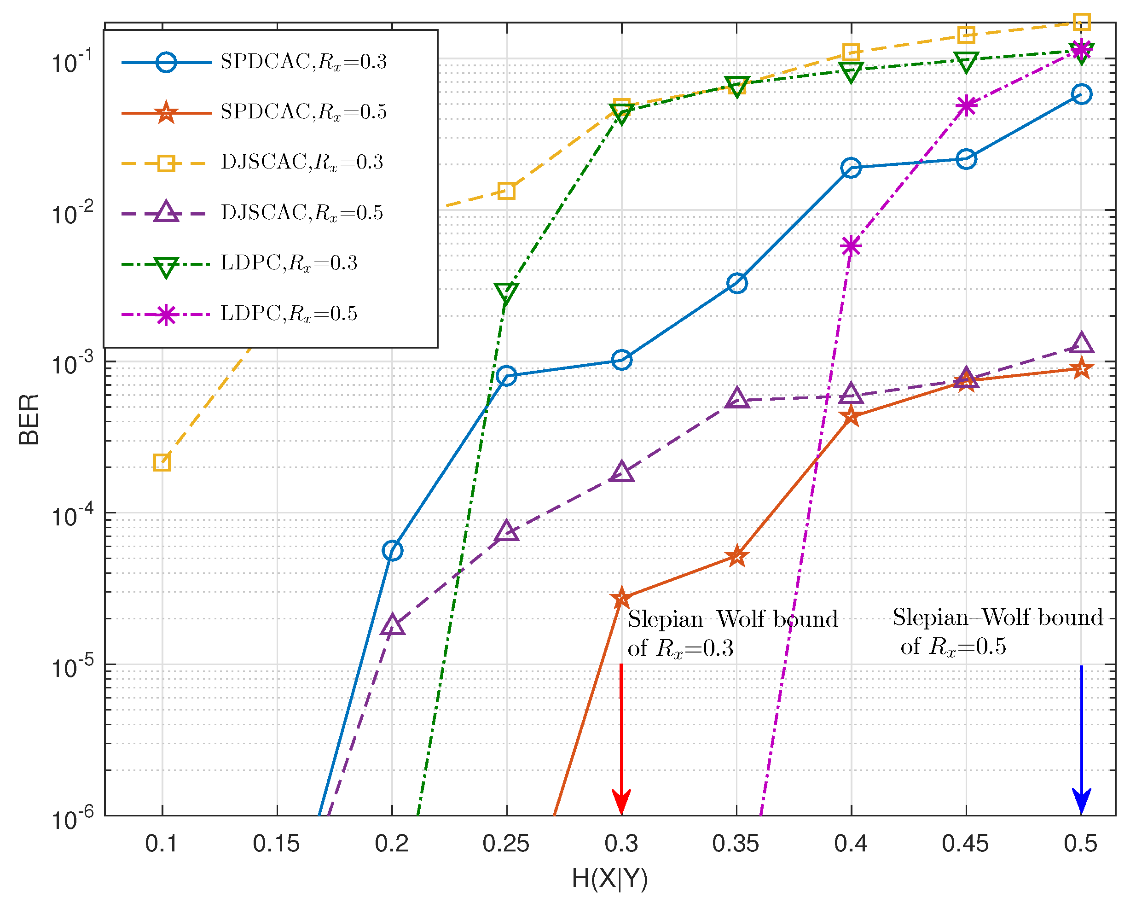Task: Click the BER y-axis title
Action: tap(29, 419)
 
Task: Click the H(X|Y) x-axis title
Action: tap(609, 878)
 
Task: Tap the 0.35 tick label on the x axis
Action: tap(736, 844)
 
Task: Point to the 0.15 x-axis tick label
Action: tap(276, 844)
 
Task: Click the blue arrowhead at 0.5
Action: tap(1081, 801)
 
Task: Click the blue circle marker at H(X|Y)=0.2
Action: tap(392, 551)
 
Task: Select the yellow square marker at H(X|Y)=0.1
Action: tap(162, 462)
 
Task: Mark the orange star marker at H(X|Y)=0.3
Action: tap(621, 598)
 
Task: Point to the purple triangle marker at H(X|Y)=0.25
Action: tap(506, 531)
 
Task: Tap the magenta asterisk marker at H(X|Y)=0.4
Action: tap(851, 245)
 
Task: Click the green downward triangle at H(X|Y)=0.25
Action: tap(506, 292)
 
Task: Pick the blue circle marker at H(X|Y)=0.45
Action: tap(966, 159)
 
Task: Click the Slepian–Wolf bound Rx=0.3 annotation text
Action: tap(732, 633)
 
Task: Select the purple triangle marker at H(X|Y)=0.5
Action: tap(1081, 343)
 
